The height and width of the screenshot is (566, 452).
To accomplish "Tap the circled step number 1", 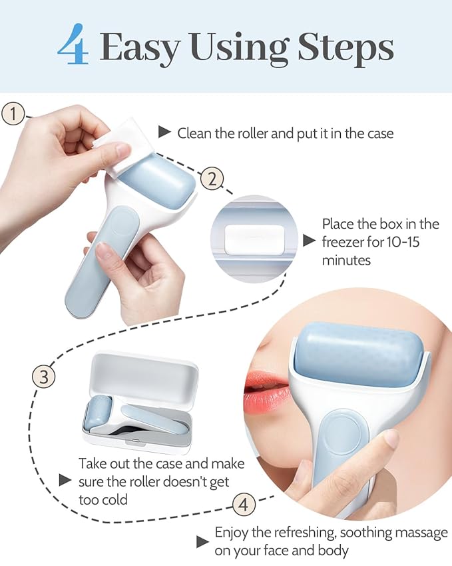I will pyautogui.click(x=13, y=113).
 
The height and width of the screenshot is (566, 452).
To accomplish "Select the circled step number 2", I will pyautogui.click(x=211, y=179).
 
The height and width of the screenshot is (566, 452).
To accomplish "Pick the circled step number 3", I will pyautogui.click(x=44, y=377).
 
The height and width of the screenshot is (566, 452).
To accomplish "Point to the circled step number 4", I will pyautogui.click(x=244, y=504).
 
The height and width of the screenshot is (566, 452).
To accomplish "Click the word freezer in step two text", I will pyautogui.click(x=346, y=242).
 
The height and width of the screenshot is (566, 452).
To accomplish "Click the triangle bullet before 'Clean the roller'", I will pyautogui.click(x=164, y=132).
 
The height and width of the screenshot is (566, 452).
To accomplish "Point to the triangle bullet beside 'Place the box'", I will pyautogui.click(x=308, y=241).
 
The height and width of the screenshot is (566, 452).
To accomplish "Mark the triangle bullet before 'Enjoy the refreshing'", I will pyautogui.click(x=202, y=541).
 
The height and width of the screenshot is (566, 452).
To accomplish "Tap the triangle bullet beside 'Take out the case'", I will pyautogui.click(x=65, y=480).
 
